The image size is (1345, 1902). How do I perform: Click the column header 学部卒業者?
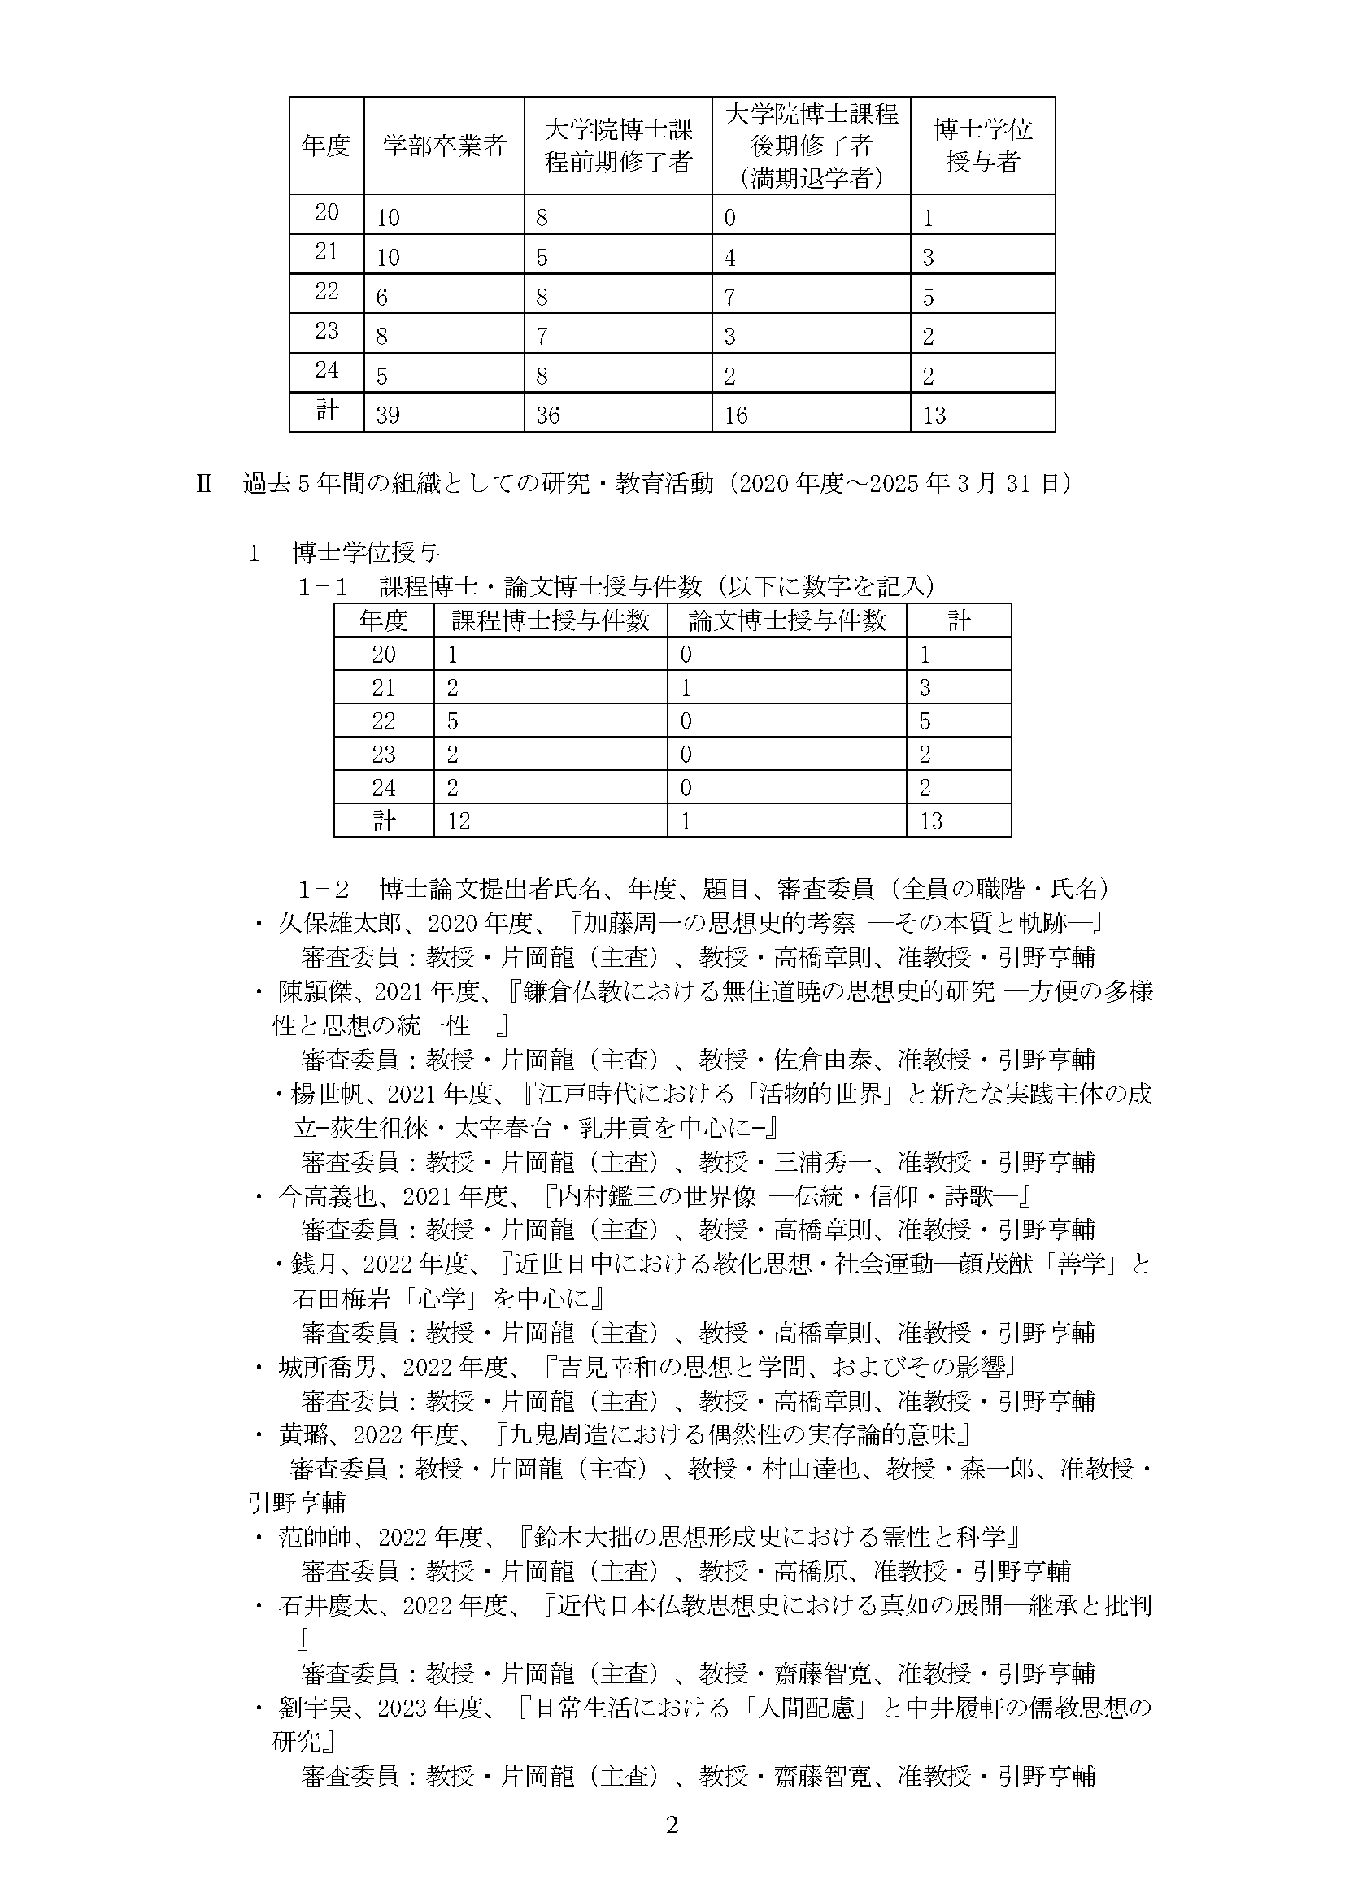pos(444,146)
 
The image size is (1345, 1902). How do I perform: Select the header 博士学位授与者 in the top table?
pos(982,146)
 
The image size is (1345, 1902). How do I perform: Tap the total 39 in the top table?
pos(388,415)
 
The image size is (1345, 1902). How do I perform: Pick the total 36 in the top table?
pos(548,415)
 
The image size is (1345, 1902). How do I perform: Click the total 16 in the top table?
pos(735,415)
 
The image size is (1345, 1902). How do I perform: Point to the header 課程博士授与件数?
pos(550,620)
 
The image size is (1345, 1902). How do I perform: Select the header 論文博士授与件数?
pos(787,620)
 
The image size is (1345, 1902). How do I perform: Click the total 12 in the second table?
pos(459,821)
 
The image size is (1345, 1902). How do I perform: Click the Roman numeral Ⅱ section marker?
pos(204,484)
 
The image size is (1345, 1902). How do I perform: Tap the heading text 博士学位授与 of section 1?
pos(366,552)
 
